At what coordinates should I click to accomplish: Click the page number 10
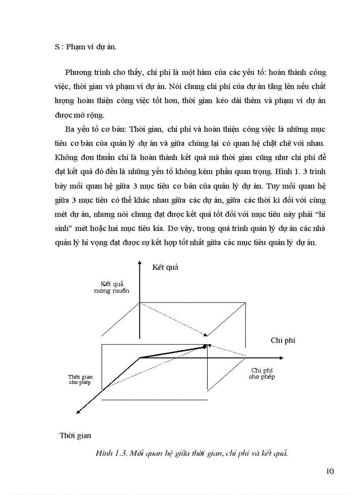pyautogui.click(x=330, y=471)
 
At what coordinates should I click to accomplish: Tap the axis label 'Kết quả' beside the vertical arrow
pyautogui.click(x=165, y=267)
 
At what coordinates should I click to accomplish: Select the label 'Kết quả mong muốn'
pyautogui.click(x=111, y=288)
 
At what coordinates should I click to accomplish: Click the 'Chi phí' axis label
pyautogui.click(x=283, y=340)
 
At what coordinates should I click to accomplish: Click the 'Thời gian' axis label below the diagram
pyautogui.click(x=75, y=435)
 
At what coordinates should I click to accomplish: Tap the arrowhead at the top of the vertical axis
pyautogui.click(x=140, y=264)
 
